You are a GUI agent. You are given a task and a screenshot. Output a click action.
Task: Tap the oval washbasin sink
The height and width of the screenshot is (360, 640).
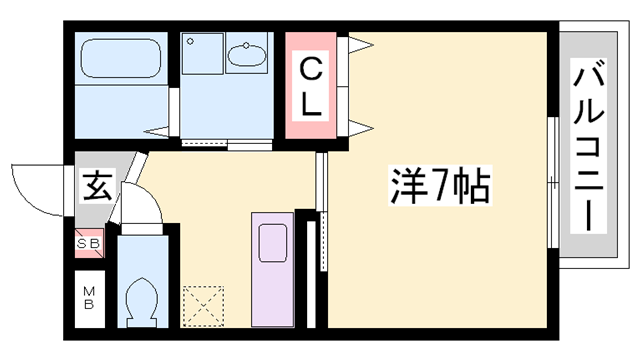coord(244,55)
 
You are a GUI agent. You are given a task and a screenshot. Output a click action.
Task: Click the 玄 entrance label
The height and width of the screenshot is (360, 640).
coord(97,185)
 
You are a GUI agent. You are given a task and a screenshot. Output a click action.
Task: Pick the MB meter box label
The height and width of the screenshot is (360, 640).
coord(87,298)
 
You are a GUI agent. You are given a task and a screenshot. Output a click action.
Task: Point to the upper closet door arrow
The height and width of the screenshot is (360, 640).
coord(358,43)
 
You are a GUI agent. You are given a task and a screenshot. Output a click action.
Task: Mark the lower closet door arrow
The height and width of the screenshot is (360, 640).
coord(358,128)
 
